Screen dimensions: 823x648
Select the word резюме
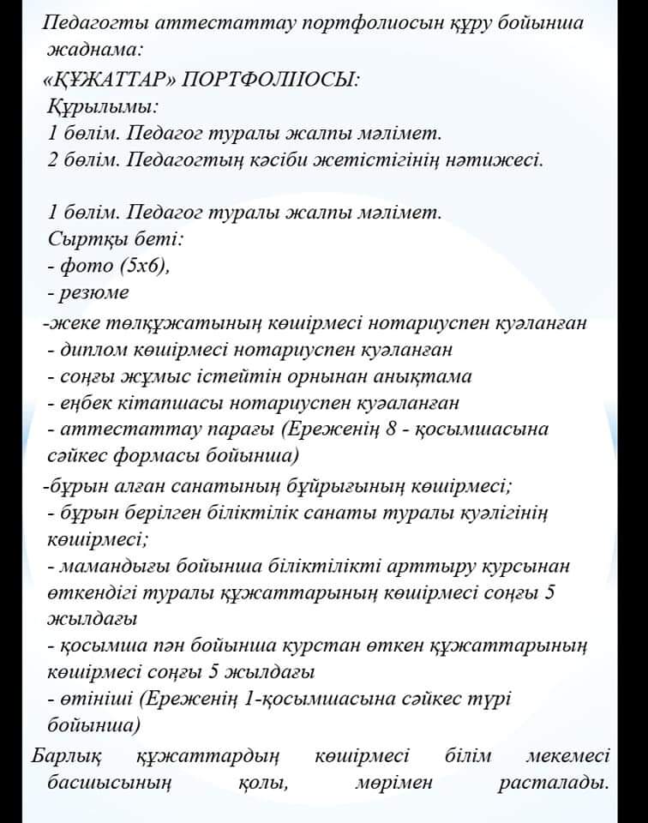[x=94, y=293]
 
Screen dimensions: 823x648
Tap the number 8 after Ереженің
[x=391, y=429]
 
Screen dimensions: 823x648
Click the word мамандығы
[x=115, y=567]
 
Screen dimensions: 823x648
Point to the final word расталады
[x=553, y=783]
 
